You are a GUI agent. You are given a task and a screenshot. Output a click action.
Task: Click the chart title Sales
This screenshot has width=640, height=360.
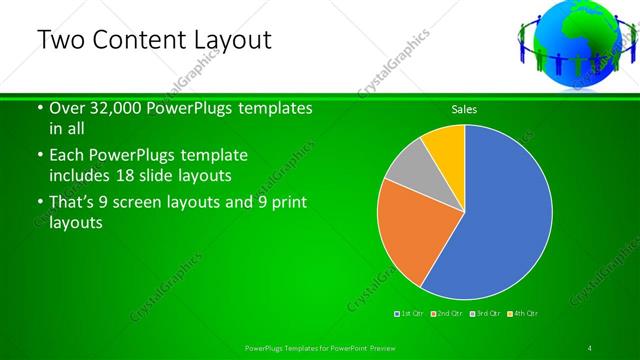tap(464, 109)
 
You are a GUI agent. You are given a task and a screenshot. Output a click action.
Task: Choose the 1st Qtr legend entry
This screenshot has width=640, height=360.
tap(413, 313)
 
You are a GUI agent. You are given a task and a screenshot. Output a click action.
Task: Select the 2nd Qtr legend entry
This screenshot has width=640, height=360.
tap(449, 313)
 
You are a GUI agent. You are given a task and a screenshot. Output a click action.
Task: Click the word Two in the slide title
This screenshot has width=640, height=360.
tap(60, 41)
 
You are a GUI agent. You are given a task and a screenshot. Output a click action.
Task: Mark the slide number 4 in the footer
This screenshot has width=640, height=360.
tap(589, 347)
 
